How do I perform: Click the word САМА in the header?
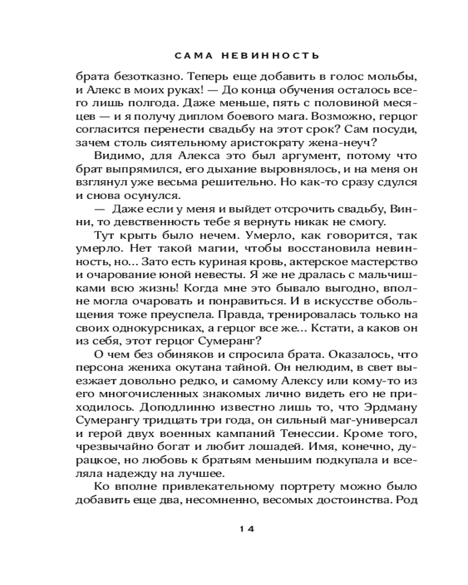pos(192,56)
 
